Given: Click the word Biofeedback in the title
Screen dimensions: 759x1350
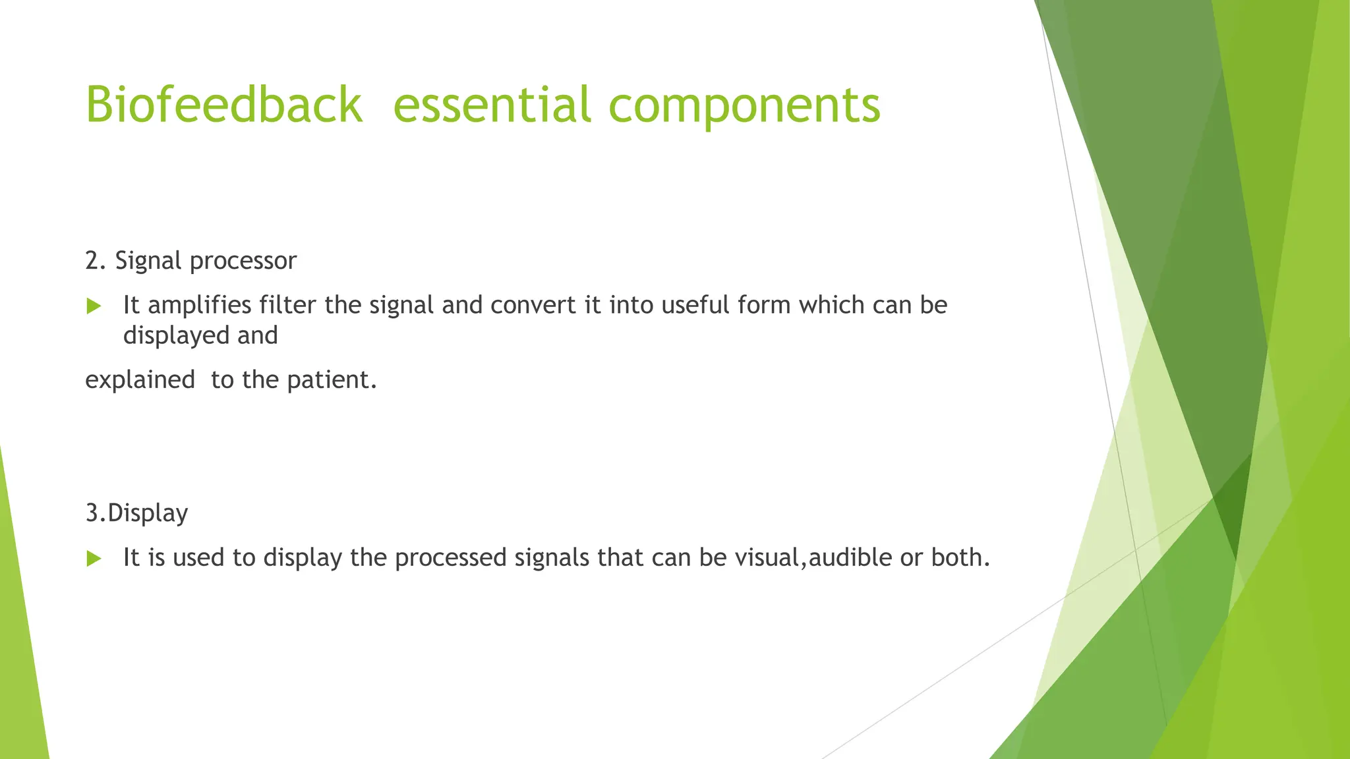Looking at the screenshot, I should coord(223,105).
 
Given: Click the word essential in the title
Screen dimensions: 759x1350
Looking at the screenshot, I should coord(491,105).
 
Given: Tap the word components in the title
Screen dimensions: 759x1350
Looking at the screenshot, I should coord(744,105).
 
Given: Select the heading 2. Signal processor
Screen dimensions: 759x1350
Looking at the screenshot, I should coord(191,261).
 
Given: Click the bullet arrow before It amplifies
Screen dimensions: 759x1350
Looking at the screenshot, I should coord(94,306).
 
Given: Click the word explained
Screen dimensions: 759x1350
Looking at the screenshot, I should coord(140,380).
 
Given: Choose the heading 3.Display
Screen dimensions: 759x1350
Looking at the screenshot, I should coord(136,513).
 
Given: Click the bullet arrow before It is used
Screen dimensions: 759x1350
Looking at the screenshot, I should coord(94,559).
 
